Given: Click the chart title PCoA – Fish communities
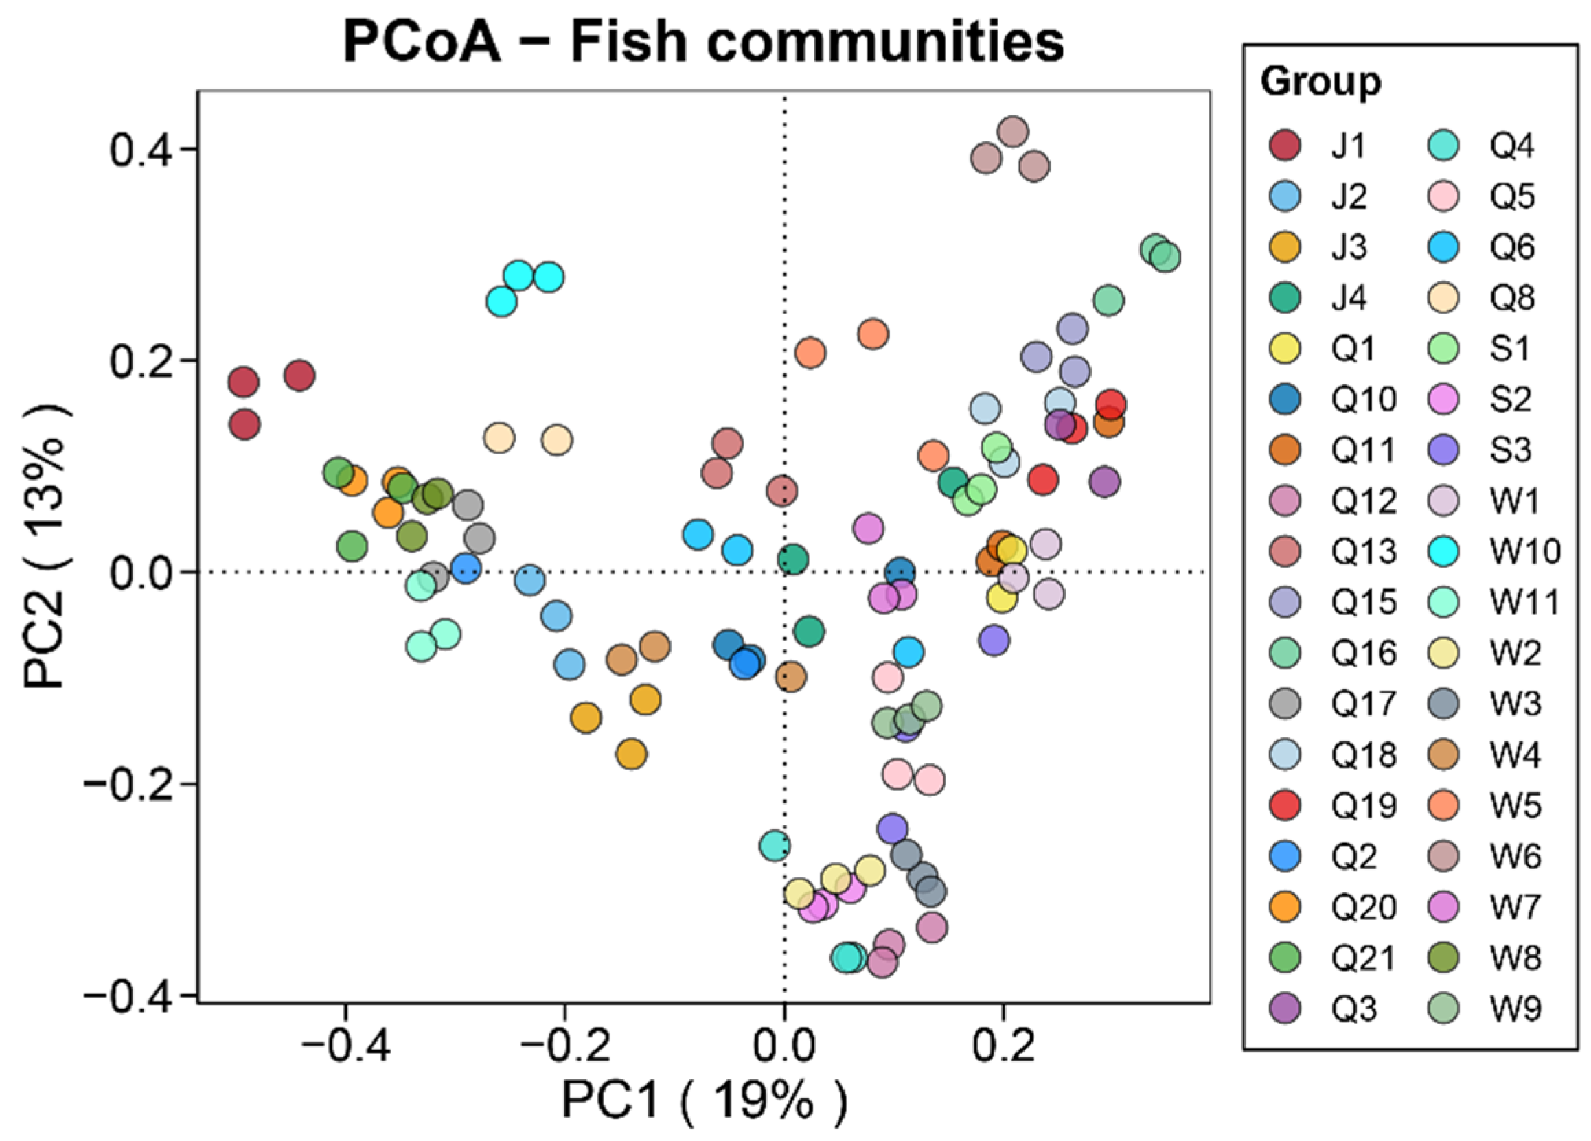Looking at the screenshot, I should tap(704, 42).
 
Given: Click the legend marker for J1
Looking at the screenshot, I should tap(1285, 146).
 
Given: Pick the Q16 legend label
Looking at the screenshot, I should tap(1364, 654).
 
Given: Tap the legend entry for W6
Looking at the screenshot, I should tap(1515, 856).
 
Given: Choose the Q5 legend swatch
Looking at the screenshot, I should tap(1443, 197).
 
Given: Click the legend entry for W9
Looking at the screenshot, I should tap(1515, 1009).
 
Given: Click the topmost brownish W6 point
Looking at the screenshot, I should tap(1012, 131).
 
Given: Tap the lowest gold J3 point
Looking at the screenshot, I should tap(631, 754).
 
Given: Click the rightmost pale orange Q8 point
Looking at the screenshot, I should tap(557, 439).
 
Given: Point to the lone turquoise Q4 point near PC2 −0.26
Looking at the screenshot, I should tap(775, 846).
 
